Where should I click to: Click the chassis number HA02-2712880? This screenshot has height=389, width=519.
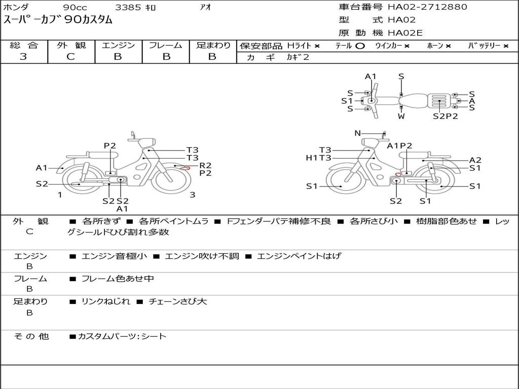(x=427, y=7)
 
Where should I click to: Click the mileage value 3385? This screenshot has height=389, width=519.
(x=128, y=7)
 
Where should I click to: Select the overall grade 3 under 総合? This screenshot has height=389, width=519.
(x=23, y=57)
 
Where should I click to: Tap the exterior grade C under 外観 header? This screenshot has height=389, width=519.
(x=70, y=57)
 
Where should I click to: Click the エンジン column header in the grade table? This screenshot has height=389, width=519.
(x=118, y=45)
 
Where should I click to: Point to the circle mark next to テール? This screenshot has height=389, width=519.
(x=360, y=46)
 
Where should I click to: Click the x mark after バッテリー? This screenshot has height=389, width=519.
(x=506, y=46)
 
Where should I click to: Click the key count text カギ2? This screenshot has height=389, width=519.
(x=298, y=57)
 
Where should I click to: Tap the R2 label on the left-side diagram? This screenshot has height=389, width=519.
(x=205, y=166)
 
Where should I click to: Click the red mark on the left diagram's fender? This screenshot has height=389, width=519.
(x=184, y=168)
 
